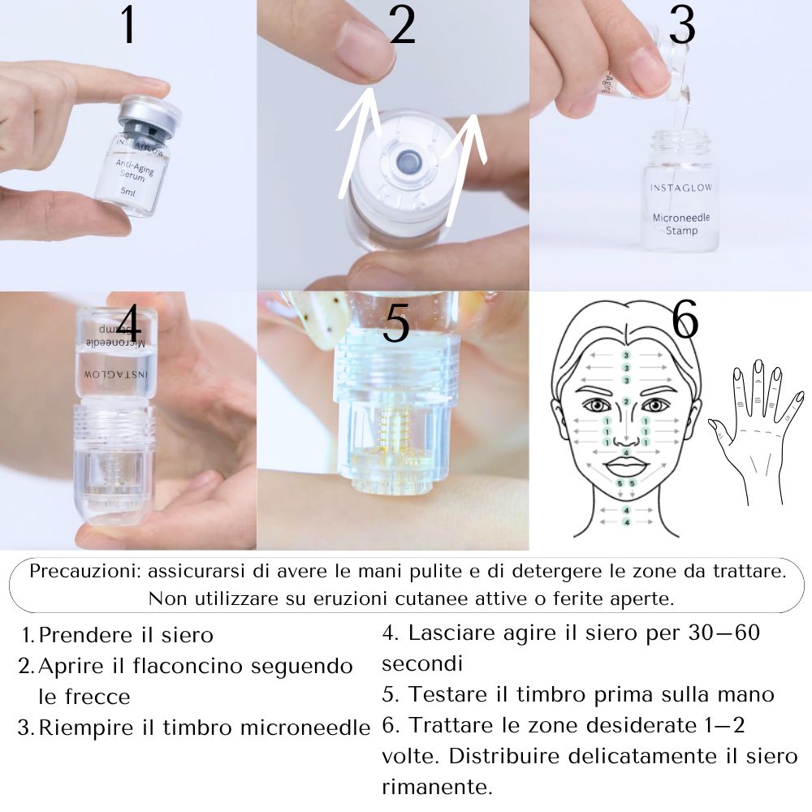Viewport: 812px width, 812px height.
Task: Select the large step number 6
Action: click(685, 322)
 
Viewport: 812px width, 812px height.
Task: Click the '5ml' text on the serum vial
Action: click(128, 191)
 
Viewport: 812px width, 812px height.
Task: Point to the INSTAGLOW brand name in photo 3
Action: click(681, 188)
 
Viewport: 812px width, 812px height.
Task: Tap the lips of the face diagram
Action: click(625, 466)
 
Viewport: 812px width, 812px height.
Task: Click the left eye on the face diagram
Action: click(598, 404)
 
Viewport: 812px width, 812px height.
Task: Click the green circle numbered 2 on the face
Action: click(626, 401)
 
